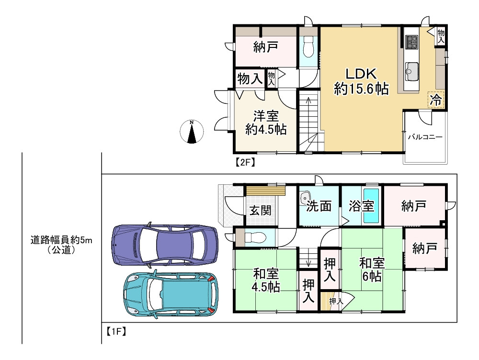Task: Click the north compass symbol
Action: click(192, 132)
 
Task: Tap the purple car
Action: click(165, 245)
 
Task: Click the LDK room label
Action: click(361, 81)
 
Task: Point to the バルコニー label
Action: click(425, 137)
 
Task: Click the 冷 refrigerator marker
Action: click(435, 100)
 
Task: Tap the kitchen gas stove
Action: click(411, 42)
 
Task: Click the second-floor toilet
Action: click(308, 46)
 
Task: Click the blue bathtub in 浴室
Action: click(371, 206)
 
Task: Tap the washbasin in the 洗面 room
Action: click(305, 197)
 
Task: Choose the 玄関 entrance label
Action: click(260, 210)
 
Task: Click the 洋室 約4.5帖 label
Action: click(266, 123)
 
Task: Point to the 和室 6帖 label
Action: click(372, 270)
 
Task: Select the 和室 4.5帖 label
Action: click(266, 281)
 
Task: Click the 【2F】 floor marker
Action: click(245, 162)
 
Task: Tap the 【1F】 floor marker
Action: click(116, 331)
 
